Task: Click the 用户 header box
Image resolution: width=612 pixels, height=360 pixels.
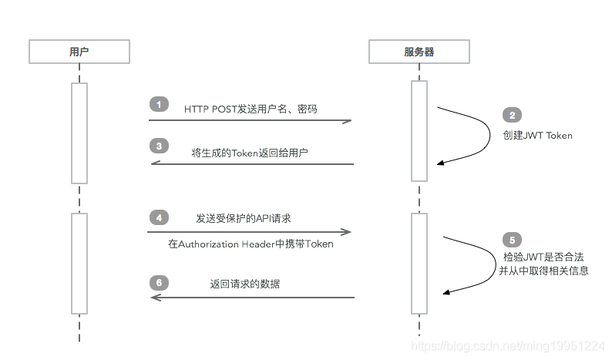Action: pyautogui.click(x=79, y=52)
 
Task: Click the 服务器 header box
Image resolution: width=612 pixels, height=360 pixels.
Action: pyautogui.click(x=419, y=52)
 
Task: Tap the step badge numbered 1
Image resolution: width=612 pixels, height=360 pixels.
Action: pyautogui.click(x=158, y=104)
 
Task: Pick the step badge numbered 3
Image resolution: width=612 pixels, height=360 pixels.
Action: pyautogui.click(x=158, y=145)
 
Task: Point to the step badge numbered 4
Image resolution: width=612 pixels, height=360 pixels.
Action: pyautogui.click(x=158, y=218)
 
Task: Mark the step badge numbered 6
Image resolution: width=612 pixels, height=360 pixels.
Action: pyautogui.click(x=158, y=282)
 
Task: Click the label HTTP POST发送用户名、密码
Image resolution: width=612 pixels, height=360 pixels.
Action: pyautogui.click(x=251, y=109)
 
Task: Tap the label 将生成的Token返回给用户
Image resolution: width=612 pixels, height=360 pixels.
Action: pyautogui.click(x=250, y=153)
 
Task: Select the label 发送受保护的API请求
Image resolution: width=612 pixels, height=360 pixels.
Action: pyautogui.click(x=243, y=218)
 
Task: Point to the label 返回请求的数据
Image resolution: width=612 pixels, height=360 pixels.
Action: pyautogui.click(x=245, y=284)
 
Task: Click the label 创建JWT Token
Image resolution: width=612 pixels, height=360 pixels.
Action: pyautogui.click(x=538, y=135)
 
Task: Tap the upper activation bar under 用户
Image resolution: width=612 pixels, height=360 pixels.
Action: pyautogui.click(x=79, y=133)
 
